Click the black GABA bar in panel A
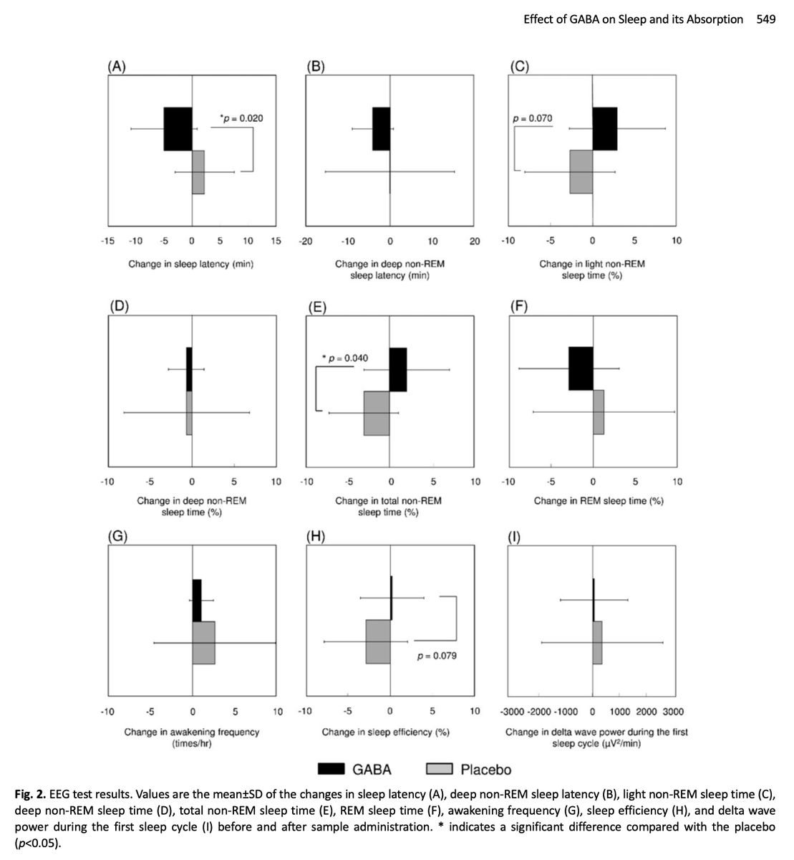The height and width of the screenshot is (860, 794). tap(178, 128)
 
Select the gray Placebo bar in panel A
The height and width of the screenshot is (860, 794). tap(198, 172)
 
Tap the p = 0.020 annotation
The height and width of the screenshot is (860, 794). tap(241, 118)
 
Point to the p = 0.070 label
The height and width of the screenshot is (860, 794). tap(532, 118)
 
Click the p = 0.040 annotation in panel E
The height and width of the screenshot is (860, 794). tap(345, 358)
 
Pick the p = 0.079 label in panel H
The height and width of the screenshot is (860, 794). tap(437, 656)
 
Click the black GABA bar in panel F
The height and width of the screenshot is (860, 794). tap(581, 368)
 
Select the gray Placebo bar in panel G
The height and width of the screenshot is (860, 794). tap(204, 643)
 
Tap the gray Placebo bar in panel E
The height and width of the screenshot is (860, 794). tap(377, 413)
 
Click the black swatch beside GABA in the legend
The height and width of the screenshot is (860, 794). tap(331, 769)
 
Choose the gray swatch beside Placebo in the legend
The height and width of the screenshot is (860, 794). tap(439, 769)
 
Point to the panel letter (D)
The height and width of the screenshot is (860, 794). tap(120, 306)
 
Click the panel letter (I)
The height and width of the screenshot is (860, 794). tap(514, 537)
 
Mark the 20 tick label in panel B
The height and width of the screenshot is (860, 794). tap(475, 242)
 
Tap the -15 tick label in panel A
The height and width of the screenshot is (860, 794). tap(107, 241)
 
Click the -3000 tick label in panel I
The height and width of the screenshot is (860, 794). tap(513, 712)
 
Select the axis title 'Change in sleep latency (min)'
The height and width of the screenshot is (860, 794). tap(191, 264)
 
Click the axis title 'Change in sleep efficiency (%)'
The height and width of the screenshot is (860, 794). tap(385, 732)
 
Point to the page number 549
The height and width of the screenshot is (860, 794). tap(766, 19)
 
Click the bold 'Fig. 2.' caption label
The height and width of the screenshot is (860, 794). tap(30, 794)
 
